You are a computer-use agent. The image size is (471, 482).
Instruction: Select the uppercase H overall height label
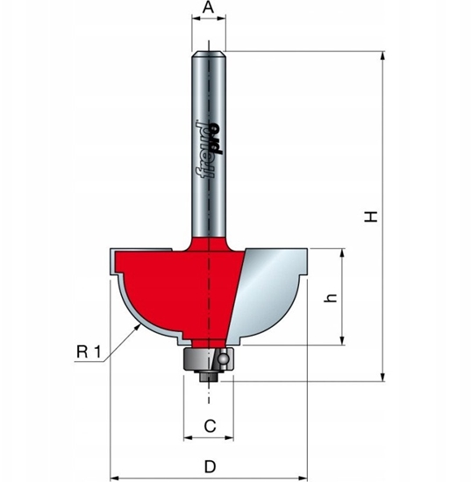pos(372,216)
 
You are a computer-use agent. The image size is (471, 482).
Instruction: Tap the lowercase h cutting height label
pos(330,297)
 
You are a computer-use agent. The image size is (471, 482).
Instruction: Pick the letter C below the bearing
pos(209,426)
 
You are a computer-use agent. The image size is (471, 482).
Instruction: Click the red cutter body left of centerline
pos(162,285)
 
